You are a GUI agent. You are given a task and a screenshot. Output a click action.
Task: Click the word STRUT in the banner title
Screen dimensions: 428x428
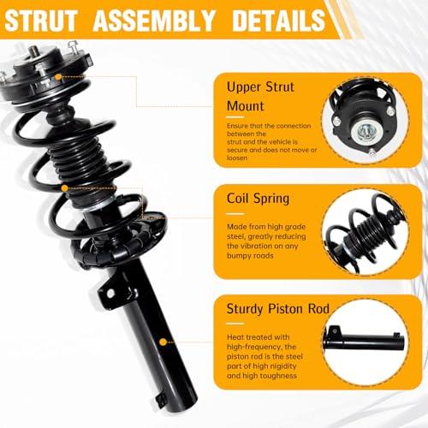coord(41,21)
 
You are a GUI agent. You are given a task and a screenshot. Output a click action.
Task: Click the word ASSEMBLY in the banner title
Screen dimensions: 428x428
coord(154,21)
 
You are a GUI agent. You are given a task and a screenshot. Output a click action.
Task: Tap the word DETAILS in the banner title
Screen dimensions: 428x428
coord(279,21)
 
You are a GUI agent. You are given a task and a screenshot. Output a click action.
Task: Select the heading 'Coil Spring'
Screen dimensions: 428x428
coord(258,199)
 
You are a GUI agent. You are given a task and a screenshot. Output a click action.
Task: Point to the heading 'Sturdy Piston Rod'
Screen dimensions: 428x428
coord(278,309)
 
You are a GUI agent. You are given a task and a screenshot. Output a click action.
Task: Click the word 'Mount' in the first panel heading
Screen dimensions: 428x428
coord(246,106)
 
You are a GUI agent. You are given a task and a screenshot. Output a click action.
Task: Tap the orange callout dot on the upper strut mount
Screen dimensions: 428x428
coord(58,77)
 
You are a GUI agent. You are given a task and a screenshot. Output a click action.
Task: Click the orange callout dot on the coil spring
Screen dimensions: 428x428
coord(65,188)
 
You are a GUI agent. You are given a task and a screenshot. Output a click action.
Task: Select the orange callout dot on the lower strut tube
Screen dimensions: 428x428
coord(163,342)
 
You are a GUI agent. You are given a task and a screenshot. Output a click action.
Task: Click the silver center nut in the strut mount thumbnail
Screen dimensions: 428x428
coord(367,132)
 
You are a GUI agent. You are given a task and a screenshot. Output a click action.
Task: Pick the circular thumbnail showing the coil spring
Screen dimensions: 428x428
coord(366,231)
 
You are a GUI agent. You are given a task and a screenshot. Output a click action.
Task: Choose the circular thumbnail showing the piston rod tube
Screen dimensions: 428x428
coord(366,342)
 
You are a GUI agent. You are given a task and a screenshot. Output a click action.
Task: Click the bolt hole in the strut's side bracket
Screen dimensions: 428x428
coord(110,294)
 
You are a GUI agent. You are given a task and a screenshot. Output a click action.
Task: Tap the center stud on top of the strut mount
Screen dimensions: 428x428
coord(33,51)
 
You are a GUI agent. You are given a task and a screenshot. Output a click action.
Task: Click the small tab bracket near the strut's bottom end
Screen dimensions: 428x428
coord(161,400)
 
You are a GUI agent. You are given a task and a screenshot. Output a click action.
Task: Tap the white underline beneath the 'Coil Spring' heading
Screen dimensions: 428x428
coord(235,214)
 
